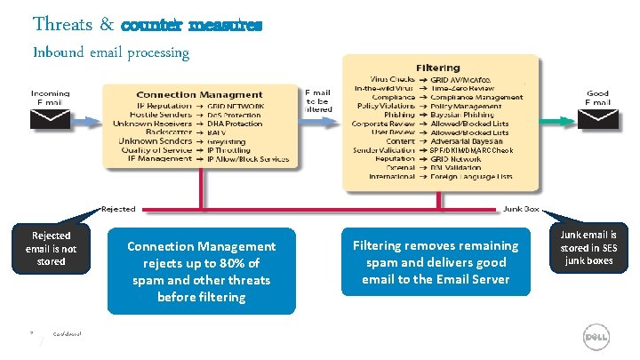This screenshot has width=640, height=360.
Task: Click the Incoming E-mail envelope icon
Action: (x=50, y=121)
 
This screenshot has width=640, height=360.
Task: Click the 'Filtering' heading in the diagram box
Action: (x=437, y=68)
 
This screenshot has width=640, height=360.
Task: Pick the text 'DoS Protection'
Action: (x=232, y=114)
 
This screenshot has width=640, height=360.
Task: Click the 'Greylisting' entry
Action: (x=227, y=141)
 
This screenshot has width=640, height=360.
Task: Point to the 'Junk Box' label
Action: (x=521, y=209)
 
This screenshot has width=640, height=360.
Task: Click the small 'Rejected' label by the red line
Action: (x=117, y=209)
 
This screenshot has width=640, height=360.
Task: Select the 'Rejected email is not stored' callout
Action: (x=51, y=249)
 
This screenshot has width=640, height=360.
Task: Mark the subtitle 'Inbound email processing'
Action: (x=111, y=52)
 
